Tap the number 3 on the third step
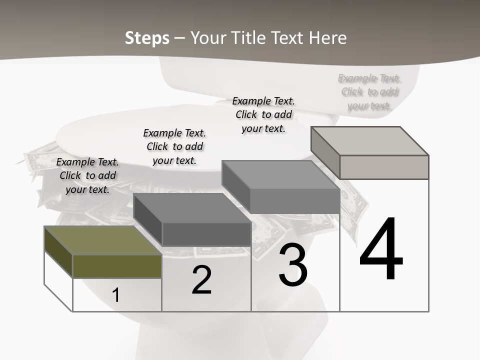pyautogui.click(x=293, y=265)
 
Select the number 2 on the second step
pyautogui.click(x=201, y=280)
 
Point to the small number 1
pyautogui.click(x=116, y=295)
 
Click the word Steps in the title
pyautogui.click(x=147, y=38)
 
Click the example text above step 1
pyautogui.click(x=88, y=175)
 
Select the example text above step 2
pyautogui.click(x=174, y=146)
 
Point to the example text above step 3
pyautogui.click(x=263, y=114)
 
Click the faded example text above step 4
pyautogui.click(x=369, y=91)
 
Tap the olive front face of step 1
pyautogui.click(x=117, y=266)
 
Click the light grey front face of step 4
pyautogui.click(x=384, y=167)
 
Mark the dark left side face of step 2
pyautogui.click(x=148, y=219)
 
